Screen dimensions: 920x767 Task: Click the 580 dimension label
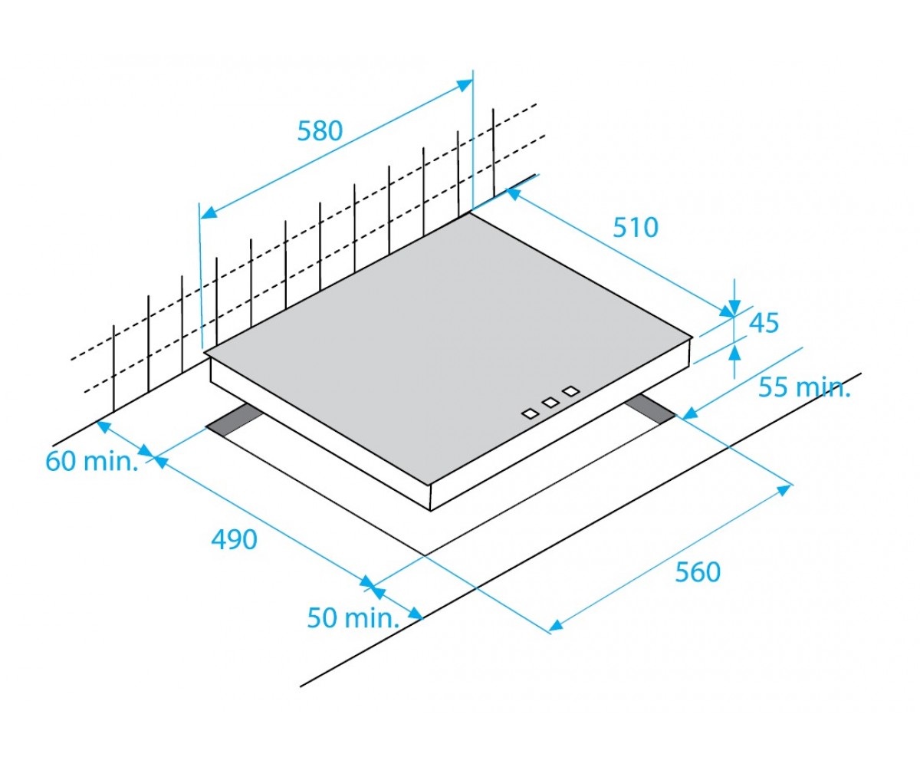coord(320,131)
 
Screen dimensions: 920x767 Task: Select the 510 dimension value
coord(636,228)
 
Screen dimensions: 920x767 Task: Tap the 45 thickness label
coord(764,323)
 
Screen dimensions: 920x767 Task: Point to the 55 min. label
coord(803,387)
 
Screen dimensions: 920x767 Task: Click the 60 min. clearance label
coord(92,462)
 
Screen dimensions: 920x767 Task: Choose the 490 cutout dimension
coord(234,539)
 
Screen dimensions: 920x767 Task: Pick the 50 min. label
coord(353,617)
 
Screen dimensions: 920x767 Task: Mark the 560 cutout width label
coord(698,571)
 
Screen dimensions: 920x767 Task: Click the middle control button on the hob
coord(550,402)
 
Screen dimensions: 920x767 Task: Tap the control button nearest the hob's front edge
coord(530,413)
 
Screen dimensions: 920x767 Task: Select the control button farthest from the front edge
coord(571,390)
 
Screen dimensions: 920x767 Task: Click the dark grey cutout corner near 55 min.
coord(650,409)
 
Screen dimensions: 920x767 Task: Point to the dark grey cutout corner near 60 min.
coord(232,421)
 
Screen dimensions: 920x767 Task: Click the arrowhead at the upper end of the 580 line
coord(465,84)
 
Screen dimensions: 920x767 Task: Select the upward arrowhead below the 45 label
coord(734,353)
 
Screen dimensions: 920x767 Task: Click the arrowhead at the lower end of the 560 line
coord(557,625)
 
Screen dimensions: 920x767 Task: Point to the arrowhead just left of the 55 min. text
coord(689,413)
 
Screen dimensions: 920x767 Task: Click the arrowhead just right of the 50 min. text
coord(416,613)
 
